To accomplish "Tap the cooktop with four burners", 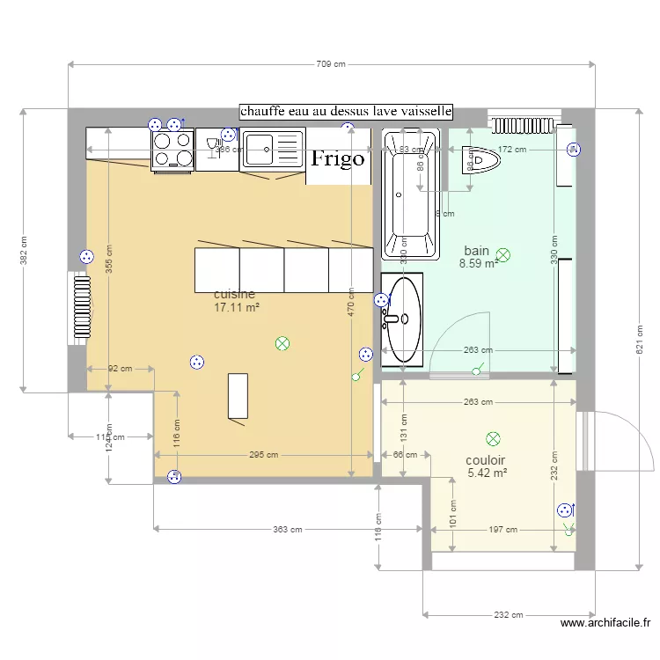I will [172, 150].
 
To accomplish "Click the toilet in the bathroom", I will [480, 160].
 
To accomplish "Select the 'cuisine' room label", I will [235, 294].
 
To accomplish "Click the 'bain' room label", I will [477, 249].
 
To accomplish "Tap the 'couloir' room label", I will [486, 460].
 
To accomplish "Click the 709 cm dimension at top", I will [330, 63].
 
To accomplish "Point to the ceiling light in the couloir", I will [493, 438].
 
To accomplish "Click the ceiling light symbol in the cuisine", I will [282, 343].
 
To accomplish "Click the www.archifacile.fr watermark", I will [606, 624].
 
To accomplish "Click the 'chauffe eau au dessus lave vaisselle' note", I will [346, 112].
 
